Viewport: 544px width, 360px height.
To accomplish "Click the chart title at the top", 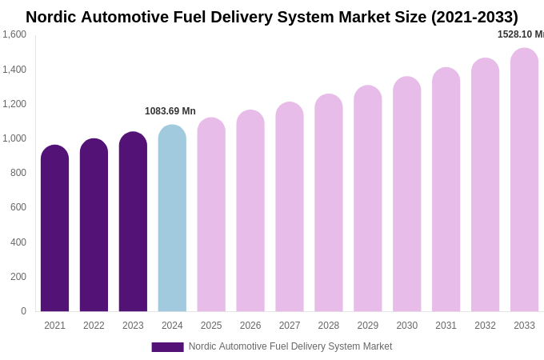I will (x=272, y=17).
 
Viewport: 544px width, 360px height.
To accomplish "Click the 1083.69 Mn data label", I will (x=170, y=111).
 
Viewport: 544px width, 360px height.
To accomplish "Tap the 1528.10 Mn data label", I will (x=520, y=34).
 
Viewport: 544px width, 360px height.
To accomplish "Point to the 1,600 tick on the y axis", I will (x=14, y=34).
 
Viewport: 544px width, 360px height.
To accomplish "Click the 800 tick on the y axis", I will (x=18, y=173).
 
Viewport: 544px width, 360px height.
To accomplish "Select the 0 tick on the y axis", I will (x=23, y=311).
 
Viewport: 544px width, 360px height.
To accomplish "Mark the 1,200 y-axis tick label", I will (x=14, y=104).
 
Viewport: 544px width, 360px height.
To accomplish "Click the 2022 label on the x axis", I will (x=94, y=326).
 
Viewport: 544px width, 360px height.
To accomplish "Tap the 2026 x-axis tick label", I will (x=250, y=326).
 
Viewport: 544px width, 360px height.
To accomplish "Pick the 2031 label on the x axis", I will (x=446, y=326).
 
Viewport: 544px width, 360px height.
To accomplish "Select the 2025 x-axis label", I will (x=211, y=326).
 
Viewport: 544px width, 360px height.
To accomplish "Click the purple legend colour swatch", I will (x=167, y=347).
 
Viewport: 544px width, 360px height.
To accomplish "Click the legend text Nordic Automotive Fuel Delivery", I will (x=290, y=346).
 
